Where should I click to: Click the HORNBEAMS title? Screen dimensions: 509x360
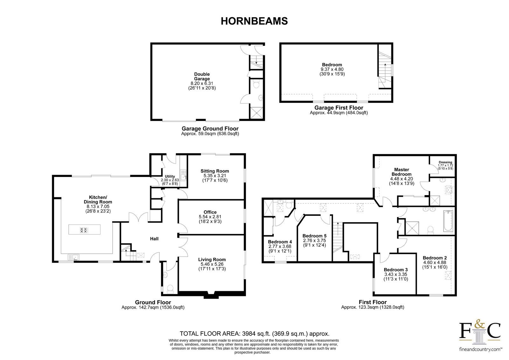click(x=254, y=21)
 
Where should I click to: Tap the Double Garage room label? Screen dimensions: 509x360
click(x=202, y=76)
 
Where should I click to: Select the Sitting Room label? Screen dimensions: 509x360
click(x=215, y=171)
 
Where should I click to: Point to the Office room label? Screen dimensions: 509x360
click(x=210, y=212)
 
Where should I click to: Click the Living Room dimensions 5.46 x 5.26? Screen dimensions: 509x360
click(x=212, y=264)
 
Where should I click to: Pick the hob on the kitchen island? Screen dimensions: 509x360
click(x=83, y=230)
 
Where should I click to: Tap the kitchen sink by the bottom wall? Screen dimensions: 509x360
click(x=73, y=257)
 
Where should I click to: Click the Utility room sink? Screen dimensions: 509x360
click(x=183, y=175)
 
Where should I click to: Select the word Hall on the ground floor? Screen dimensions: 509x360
click(x=154, y=239)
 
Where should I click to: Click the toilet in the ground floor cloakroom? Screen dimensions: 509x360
click(x=171, y=289)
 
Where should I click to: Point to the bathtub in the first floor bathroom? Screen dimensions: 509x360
click(x=448, y=221)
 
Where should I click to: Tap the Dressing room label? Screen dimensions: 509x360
click(x=445, y=162)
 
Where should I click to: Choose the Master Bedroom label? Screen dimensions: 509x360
click(x=401, y=172)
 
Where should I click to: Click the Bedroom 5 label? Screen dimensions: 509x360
click(x=315, y=236)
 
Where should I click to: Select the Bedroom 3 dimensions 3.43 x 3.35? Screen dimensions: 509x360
click(x=396, y=274)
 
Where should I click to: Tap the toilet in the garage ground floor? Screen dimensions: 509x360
click(x=256, y=84)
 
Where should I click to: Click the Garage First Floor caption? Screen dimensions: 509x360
click(x=339, y=108)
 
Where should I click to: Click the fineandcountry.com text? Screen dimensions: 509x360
click(x=480, y=349)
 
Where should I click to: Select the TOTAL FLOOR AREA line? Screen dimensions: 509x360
click(x=254, y=334)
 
